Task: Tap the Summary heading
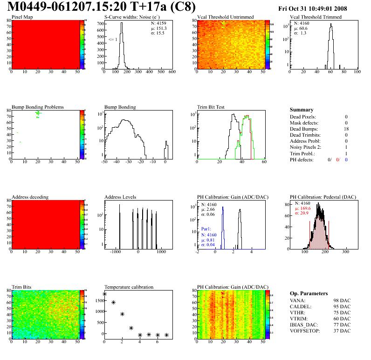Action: [x=302, y=110]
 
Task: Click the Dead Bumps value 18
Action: [x=345, y=129]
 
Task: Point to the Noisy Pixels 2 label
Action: [x=309, y=147]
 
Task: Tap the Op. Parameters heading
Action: [x=309, y=293]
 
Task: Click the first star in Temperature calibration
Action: [x=105, y=294]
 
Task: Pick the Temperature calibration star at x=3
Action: [x=131, y=328]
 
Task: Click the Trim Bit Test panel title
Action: [x=211, y=107]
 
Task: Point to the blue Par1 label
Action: [x=206, y=229]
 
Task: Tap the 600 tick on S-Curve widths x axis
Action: [x=172, y=72]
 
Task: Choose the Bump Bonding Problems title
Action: [x=38, y=107]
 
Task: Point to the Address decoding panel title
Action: [x=30, y=197]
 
